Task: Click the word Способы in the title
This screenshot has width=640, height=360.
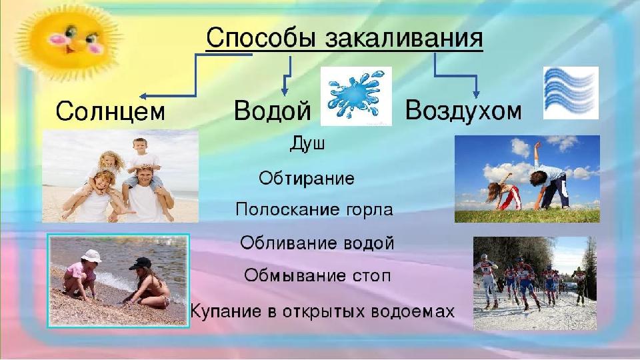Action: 261,38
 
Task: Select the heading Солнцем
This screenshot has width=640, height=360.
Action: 110,111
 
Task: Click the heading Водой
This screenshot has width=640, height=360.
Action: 272,110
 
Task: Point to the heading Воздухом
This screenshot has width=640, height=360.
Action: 463,110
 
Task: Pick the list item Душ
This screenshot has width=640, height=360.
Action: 307,144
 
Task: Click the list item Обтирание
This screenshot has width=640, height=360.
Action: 307,179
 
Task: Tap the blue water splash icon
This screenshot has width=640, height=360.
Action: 356,96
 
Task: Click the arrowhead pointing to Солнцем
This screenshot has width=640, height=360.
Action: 143,96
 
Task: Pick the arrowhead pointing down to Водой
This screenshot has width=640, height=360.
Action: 285,91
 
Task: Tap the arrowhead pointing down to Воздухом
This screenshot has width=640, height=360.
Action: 475,94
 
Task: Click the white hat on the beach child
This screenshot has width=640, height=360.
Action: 91,256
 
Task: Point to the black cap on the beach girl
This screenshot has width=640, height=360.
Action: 141,264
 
